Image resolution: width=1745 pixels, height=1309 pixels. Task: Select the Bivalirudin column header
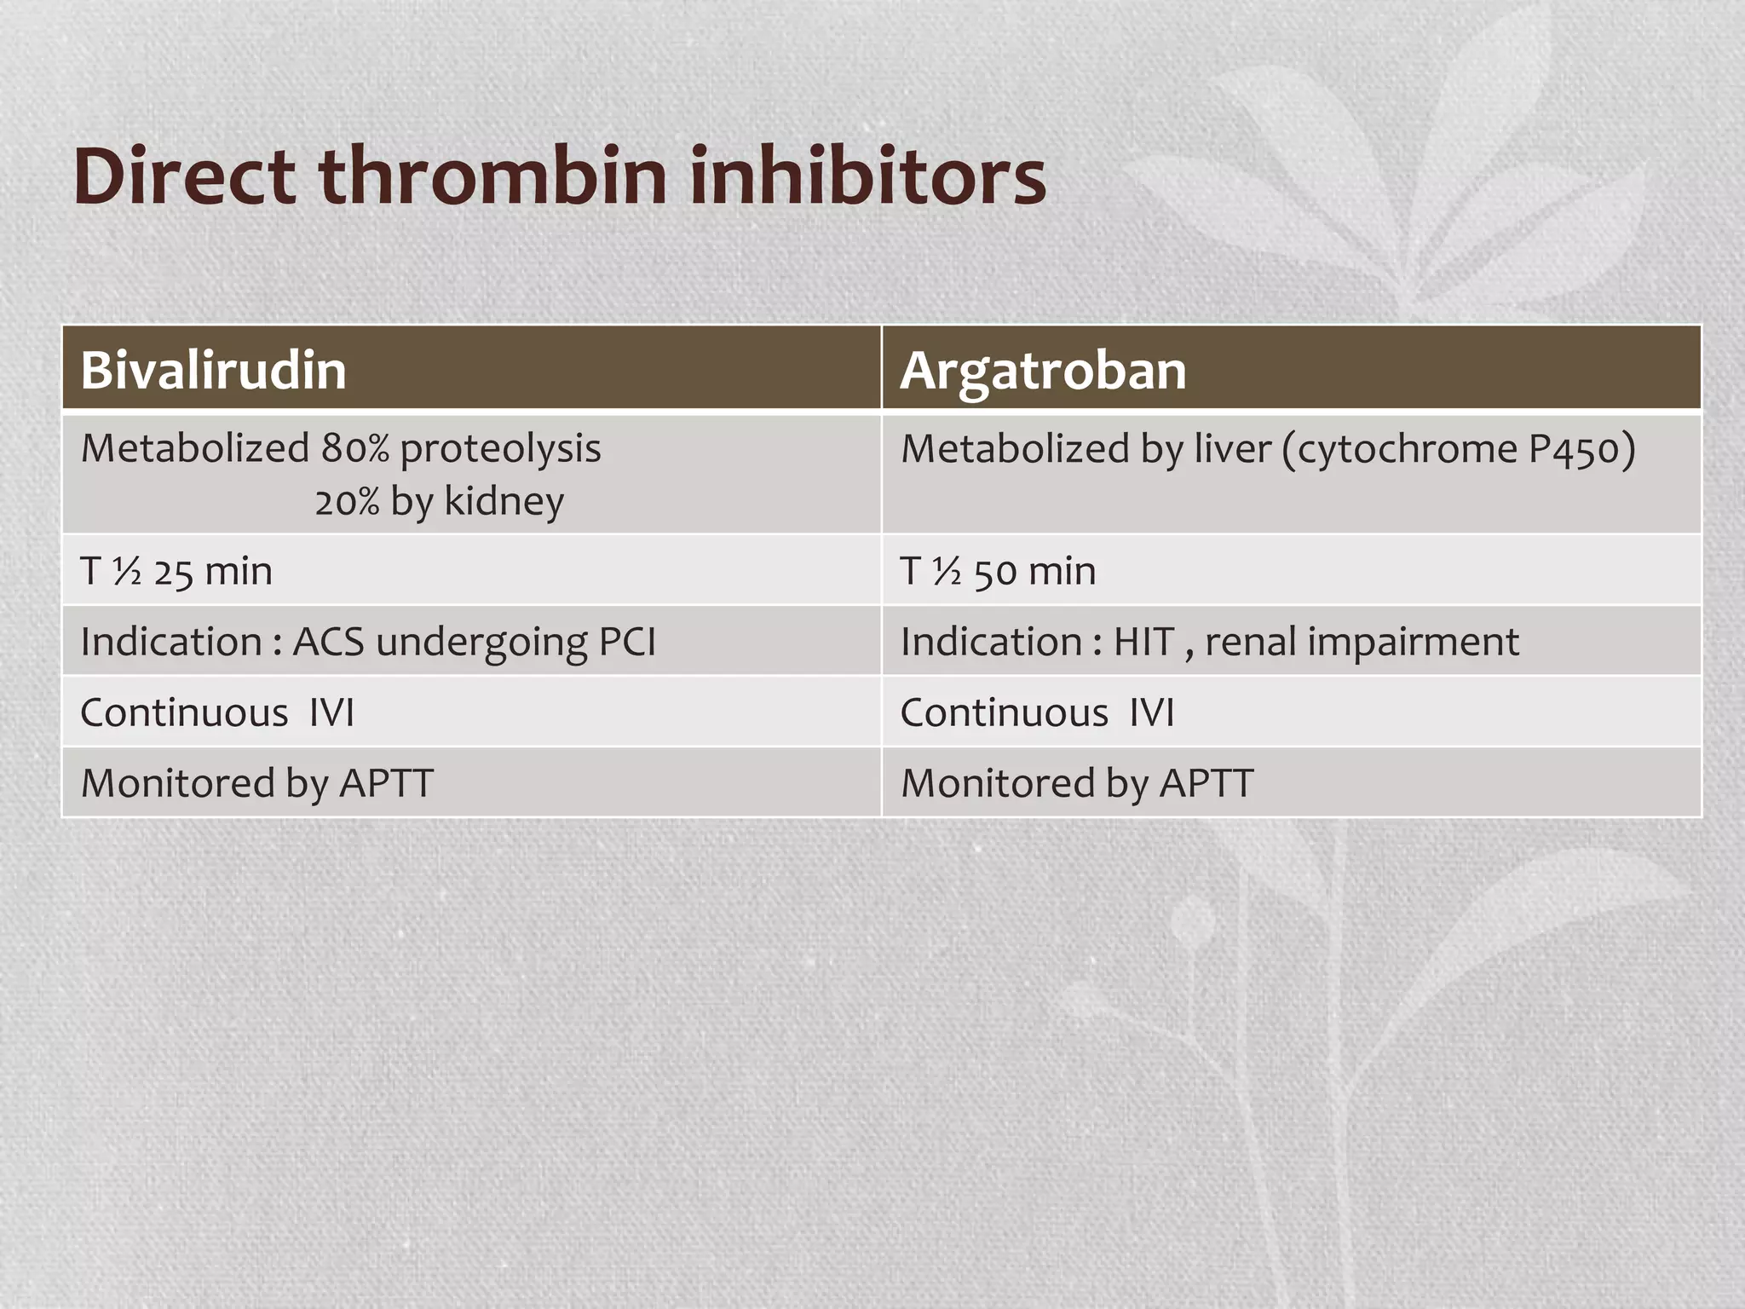click(x=213, y=371)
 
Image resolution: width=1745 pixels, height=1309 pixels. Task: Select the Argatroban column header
click(x=1043, y=371)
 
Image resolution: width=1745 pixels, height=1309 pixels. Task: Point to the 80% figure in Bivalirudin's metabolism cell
click(x=354, y=448)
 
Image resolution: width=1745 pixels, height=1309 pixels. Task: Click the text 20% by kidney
click(x=439, y=501)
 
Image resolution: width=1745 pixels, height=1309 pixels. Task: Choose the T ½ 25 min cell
click(x=176, y=571)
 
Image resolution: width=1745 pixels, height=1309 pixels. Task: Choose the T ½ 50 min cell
click(x=998, y=571)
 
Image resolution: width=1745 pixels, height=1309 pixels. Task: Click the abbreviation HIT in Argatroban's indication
click(x=1144, y=642)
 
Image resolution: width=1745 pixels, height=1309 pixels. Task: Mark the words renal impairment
click(x=1362, y=642)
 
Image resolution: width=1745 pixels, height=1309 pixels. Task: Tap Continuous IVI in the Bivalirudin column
click(x=217, y=712)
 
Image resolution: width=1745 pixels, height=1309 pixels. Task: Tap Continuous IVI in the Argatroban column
click(x=1037, y=712)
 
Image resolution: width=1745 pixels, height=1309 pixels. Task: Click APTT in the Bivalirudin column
click(x=386, y=783)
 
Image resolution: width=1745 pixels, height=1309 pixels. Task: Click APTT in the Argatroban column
click(x=1206, y=783)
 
